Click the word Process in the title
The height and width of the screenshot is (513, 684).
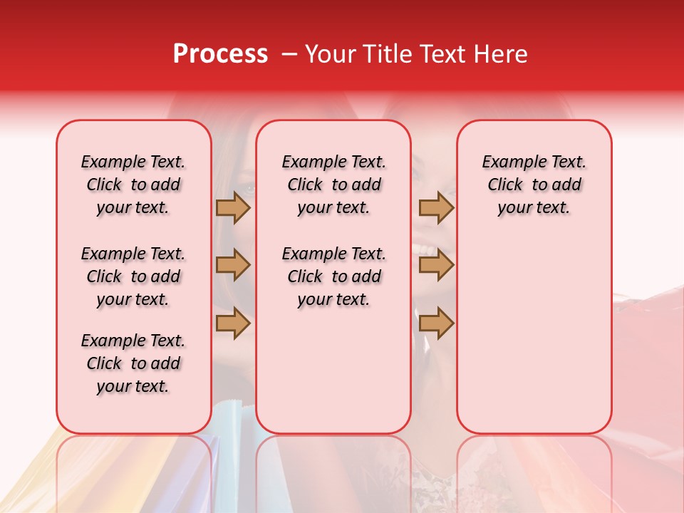[220, 53]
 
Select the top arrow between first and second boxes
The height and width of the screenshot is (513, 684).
[233, 207]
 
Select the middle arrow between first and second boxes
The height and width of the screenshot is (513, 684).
[233, 265]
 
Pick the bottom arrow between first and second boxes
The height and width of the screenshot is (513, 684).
[233, 323]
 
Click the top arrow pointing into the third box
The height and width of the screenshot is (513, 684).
[436, 207]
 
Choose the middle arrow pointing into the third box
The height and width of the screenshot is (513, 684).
[436, 265]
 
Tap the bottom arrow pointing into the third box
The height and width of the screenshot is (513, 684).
[436, 323]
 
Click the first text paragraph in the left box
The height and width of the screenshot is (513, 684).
[133, 185]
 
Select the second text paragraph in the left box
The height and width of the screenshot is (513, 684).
[133, 276]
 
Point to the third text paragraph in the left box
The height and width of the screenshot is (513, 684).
[133, 363]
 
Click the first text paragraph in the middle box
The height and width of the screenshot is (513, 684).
[333, 185]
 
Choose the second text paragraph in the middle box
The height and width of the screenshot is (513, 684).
[333, 276]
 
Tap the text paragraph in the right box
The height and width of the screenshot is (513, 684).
[534, 185]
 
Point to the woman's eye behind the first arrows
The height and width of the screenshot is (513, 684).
[249, 188]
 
